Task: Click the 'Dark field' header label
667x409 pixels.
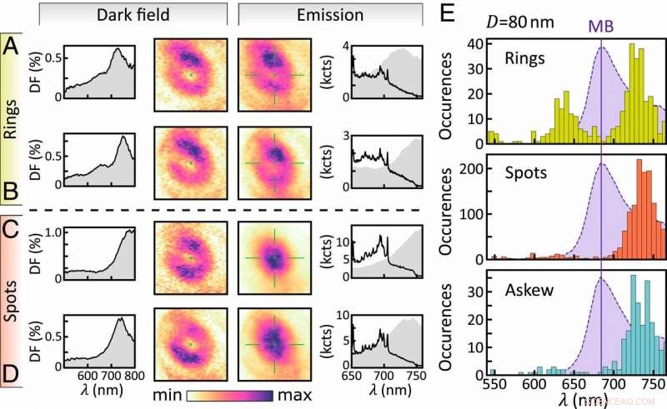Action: click(133, 15)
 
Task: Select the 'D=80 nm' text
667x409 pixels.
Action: click(515, 22)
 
